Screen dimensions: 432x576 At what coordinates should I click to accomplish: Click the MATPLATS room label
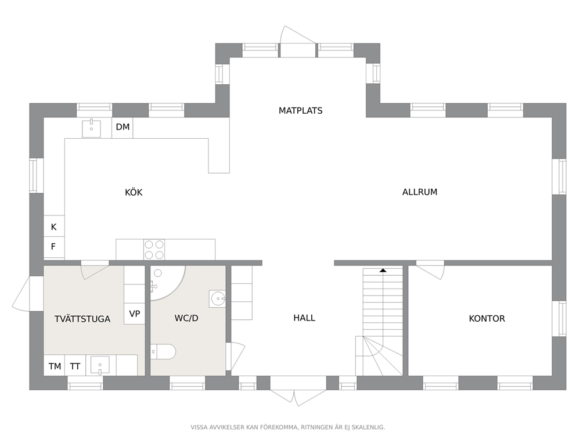point(300,110)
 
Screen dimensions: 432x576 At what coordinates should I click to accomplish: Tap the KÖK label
point(134,193)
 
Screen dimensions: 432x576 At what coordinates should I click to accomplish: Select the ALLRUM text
point(419,192)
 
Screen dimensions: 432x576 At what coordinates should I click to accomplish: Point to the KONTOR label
point(487,319)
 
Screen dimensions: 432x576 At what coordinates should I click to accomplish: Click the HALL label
point(304,318)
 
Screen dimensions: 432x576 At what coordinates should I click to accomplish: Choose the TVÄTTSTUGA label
point(82,319)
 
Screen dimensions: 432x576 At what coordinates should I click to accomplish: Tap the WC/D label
point(186,319)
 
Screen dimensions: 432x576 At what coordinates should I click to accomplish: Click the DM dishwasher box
point(123,127)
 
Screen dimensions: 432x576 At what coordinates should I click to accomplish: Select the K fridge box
point(53,227)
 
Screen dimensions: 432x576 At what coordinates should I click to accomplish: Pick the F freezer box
point(53,247)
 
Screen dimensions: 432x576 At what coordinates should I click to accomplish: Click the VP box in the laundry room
point(135,314)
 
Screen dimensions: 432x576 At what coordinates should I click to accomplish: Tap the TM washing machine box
point(55,366)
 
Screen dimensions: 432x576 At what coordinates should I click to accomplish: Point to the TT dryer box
point(75,366)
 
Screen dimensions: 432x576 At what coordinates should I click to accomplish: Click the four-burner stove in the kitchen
point(154,250)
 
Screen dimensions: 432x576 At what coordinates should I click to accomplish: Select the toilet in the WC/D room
point(163,351)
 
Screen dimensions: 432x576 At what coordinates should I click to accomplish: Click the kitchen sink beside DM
point(92,128)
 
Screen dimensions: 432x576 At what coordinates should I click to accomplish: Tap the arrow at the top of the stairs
point(383,271)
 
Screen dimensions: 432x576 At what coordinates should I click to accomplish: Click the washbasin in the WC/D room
point(218,298)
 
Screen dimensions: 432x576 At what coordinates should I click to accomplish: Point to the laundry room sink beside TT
point(101,366)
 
